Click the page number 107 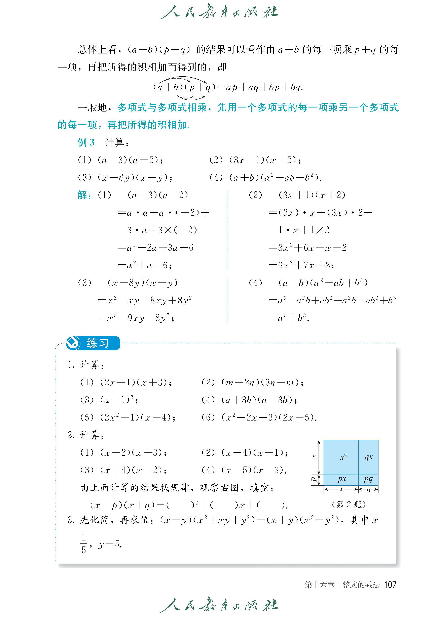tap(390, 584)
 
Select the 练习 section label tap(97, 343)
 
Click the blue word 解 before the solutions tap(82, 195)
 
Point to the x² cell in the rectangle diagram tap(343, 457)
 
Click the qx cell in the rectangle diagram tap(368, 457)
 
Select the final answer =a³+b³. tap(289, 318)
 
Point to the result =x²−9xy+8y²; tap(136, 318)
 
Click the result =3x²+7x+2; tap(301, 265)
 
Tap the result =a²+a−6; tap(145, 265)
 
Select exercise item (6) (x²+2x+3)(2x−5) tap(259, 417)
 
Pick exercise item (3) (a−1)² tap(109, 400)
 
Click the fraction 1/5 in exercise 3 tap(84, 544)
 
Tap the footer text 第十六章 tap(320, 585)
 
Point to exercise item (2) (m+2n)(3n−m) tap(252, 382)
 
